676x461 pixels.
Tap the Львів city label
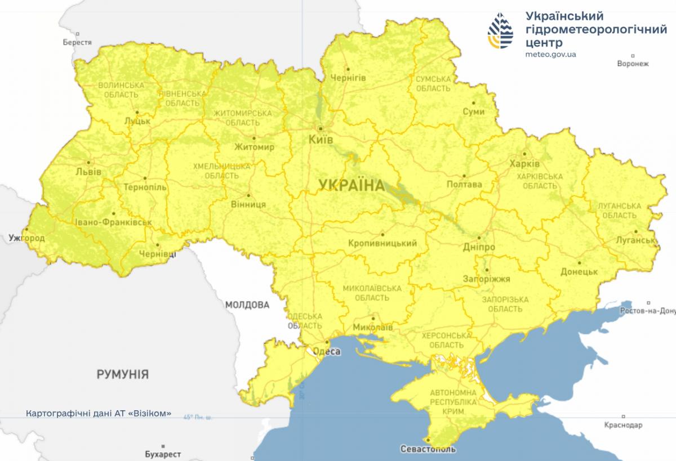pyautogui.click(x=90, y=171)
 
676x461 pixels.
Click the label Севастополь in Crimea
pyautogui.click(x=428, y=450)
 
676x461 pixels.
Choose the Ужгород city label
pyautogui.click(x=26, y=239)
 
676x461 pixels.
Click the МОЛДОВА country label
pyautogui.click(x=247, y=305)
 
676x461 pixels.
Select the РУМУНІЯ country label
pyautogui.click(x=122, y=374)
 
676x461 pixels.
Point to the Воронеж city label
pyautogui.click(x=633, y=64)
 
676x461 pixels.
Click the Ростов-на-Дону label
pyautogui.click(x=646, y=311)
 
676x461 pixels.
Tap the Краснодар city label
pyautogui.click(x=622, y=424)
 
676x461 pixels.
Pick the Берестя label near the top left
pyautogui.click(x=77, y=43)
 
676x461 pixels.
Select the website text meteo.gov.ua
pyautogui.click(x=550, y=55)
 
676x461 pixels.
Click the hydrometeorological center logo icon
pyautogui.click(x=501, y=32)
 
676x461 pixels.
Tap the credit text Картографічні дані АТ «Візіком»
pyautogui.click(x=99, y=413)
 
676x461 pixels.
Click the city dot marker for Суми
pyautogui.click(x=474, y=102)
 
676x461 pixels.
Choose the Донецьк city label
pyautogui.click(x=579, y=272)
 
